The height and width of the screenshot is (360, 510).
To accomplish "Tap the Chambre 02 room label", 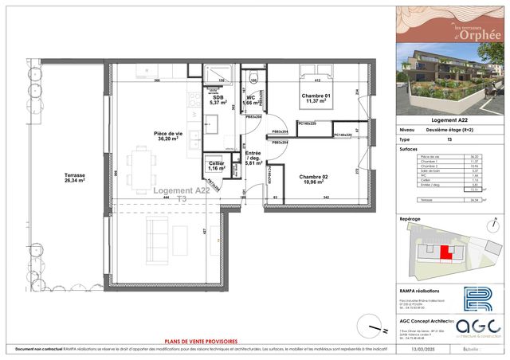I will [314, 179].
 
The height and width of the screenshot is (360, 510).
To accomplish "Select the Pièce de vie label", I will [169, 136].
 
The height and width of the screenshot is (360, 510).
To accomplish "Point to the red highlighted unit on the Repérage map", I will [445, 252].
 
